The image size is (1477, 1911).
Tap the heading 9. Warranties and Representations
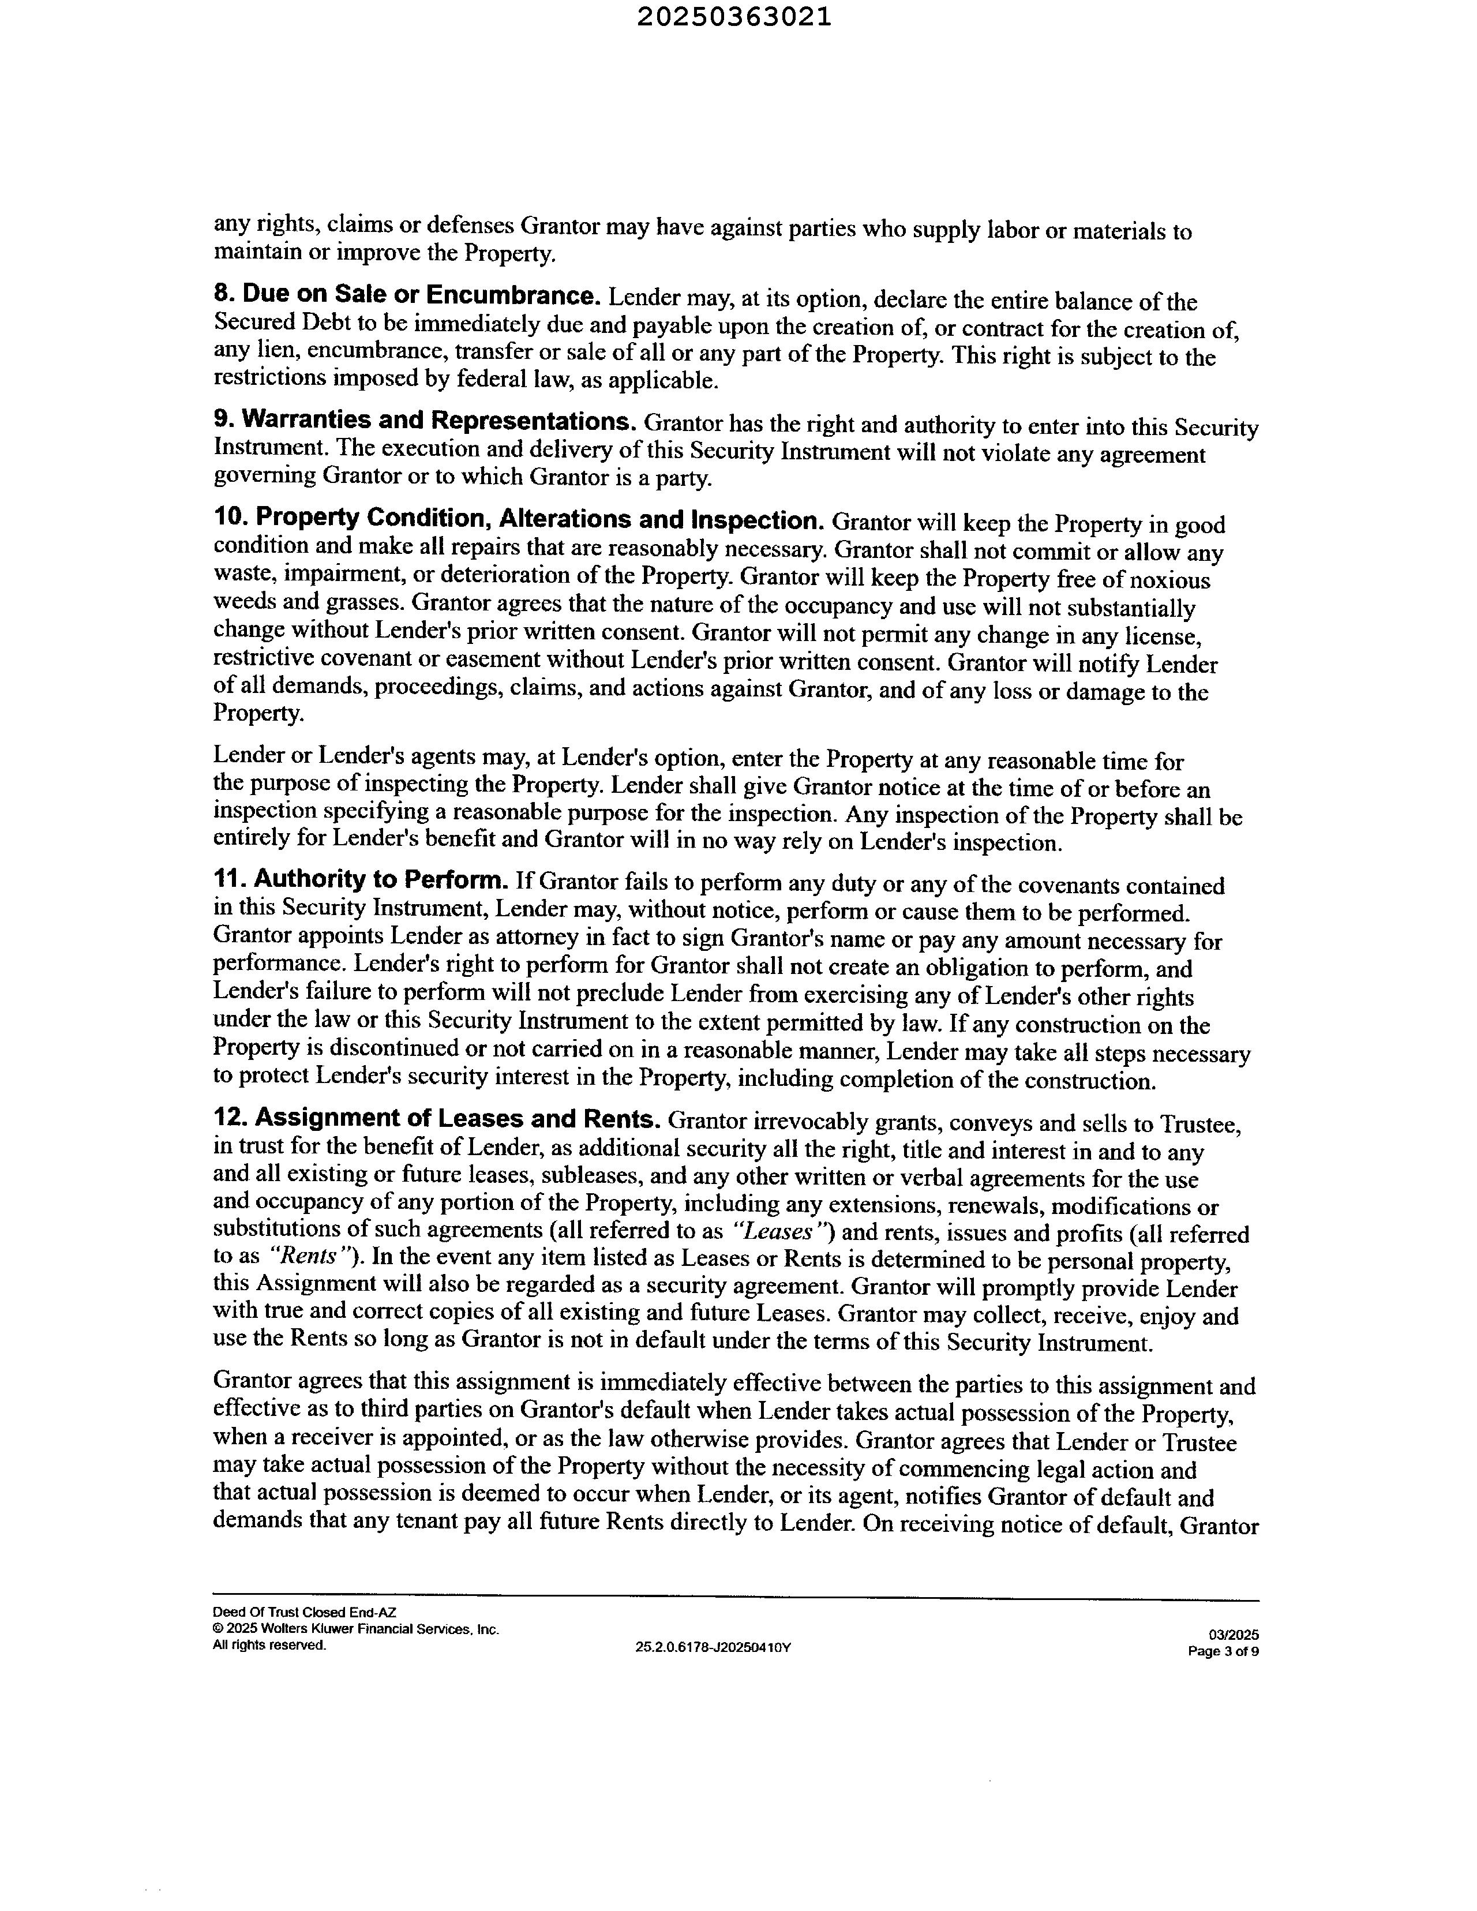tap(425, 420)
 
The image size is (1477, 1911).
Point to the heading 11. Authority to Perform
tap(361, 879)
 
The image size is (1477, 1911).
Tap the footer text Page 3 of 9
tap(1223, 1652)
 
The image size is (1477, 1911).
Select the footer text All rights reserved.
tap(269, 1645)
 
